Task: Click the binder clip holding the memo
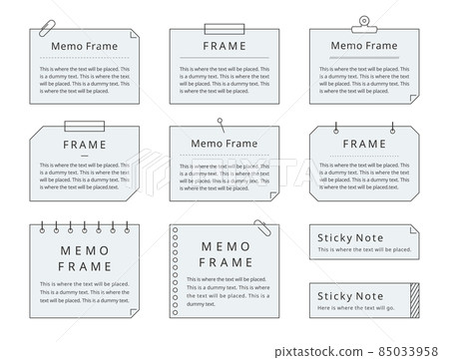(360, 23)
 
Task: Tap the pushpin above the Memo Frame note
(220, 123)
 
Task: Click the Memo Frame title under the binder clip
(362, 46)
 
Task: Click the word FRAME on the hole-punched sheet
(225, 261)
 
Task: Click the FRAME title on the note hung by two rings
(362, 145)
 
